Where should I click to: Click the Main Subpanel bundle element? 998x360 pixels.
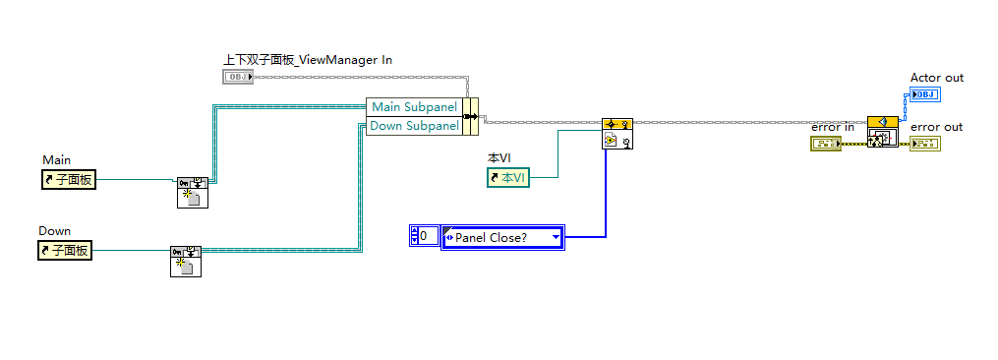coord(414,107)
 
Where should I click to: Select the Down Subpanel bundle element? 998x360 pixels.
coord(414,126)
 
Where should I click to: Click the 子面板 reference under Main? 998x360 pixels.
coord(69,180)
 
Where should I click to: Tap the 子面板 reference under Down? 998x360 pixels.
coord(65,251)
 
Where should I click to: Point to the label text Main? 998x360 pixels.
coord(57,160)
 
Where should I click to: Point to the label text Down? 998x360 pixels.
coord(55,230)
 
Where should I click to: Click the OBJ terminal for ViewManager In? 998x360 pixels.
coord(238,77)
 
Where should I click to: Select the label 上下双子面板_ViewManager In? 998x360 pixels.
coord(308,60)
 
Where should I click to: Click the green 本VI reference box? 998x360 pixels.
coord(508,178)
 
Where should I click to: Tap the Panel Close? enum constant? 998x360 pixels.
coord(502,238)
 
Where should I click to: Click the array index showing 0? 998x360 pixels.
coord(425,236)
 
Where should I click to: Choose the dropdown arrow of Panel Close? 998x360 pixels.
coord(556,238)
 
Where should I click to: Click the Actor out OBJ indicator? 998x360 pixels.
coord(925,95)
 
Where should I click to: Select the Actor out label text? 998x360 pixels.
coord(937,78)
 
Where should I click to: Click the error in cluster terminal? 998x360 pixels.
coord(826,145)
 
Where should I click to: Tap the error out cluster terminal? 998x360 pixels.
coord(925,145)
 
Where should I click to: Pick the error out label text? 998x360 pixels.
coord(936,127)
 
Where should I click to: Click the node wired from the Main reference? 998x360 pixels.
coord(193,193)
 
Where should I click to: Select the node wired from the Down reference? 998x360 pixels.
coord(186,262)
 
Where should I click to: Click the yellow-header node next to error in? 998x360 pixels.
coord(883,132)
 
